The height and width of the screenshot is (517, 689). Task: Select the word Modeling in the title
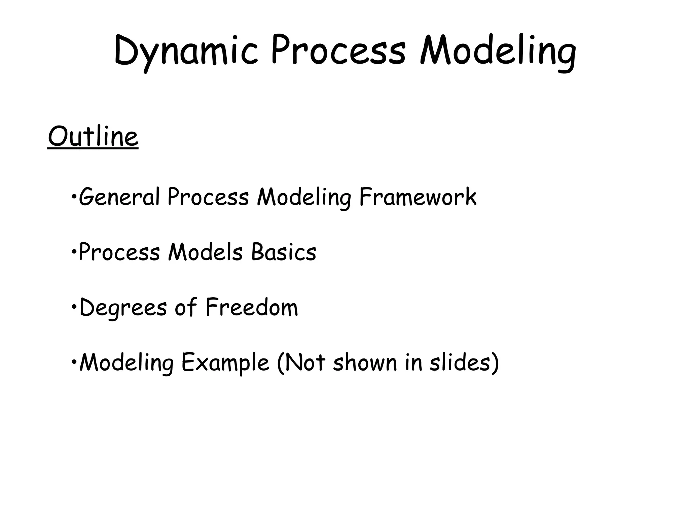click(x=498, y=52)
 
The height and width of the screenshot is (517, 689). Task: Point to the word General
click(x=119, y=197)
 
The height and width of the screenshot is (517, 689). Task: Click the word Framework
click(x=418, y=197)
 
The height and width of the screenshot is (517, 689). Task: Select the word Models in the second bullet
click(x=205, y=252)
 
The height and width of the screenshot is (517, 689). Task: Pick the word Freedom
click(x=252, y=307)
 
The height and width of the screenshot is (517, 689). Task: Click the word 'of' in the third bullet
click(x=185, y=307)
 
